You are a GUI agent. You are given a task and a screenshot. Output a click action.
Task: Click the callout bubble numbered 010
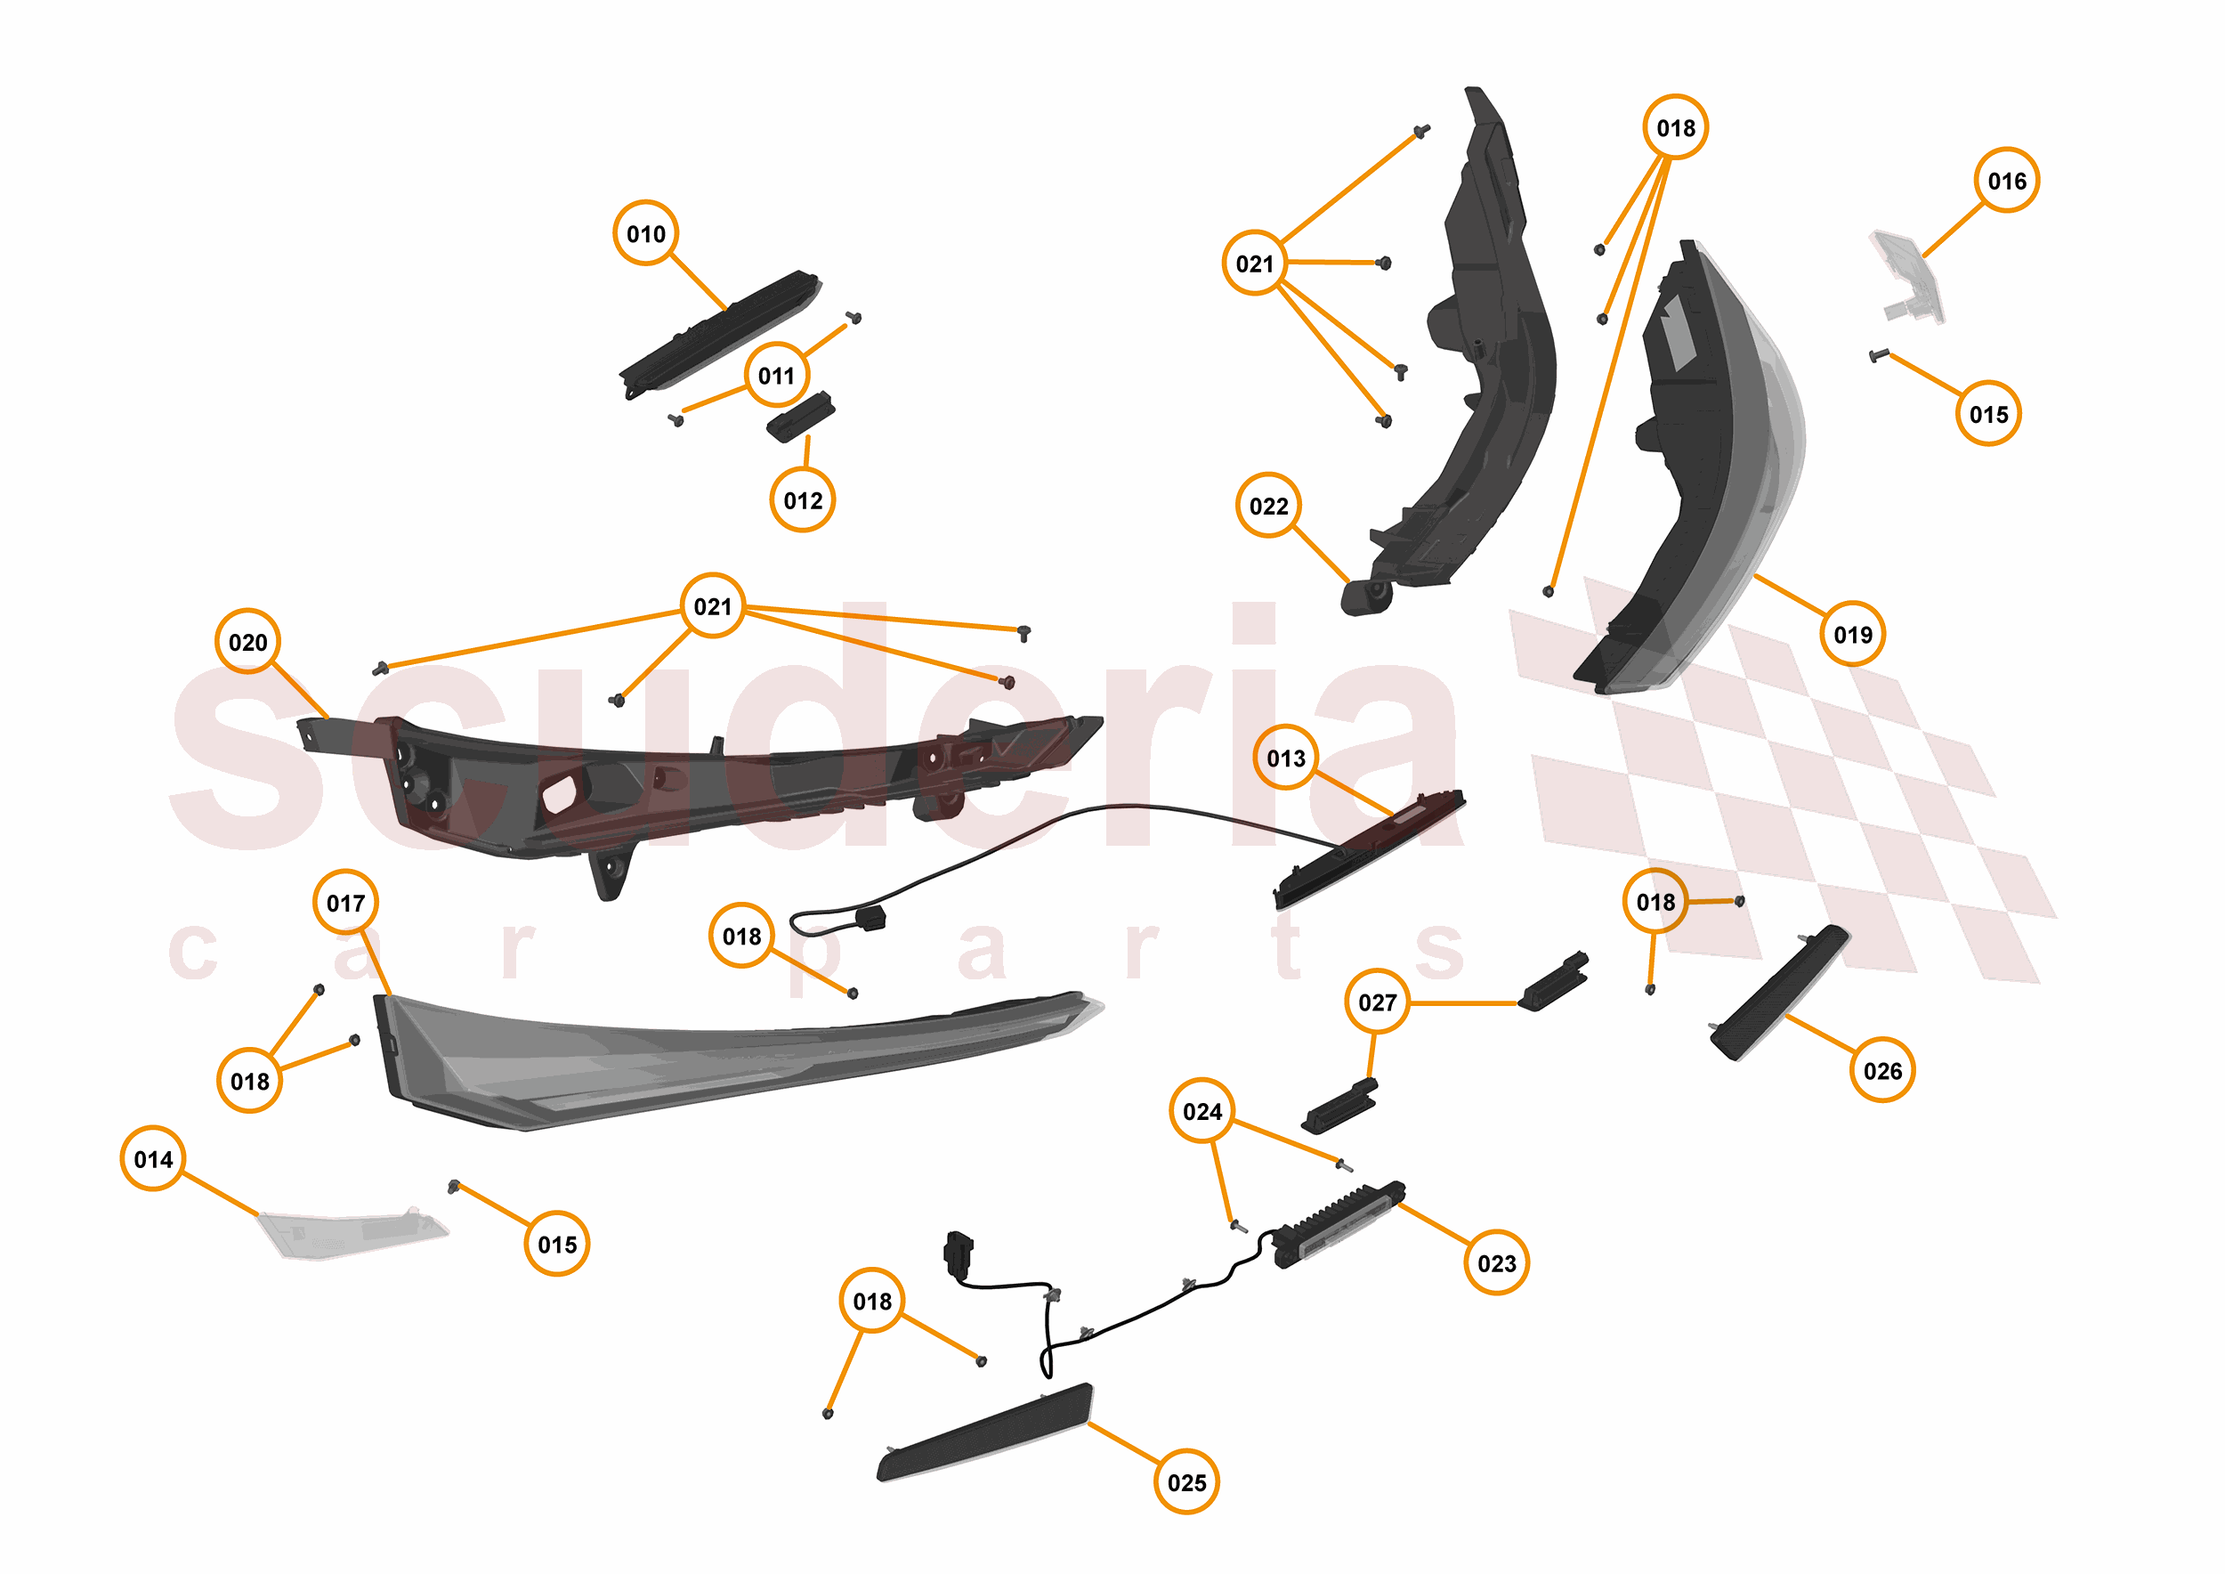pyautogui.click(x=645, y=233)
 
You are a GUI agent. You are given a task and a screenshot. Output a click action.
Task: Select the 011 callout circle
pyautogui.click(x=776, y=375)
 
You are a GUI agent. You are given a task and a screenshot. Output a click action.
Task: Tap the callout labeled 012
pyautogui.click(x=803, y=500)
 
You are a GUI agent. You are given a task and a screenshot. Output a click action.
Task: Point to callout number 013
pyautogui.click(x=1285, y=758)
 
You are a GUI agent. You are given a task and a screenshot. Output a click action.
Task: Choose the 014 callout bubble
pyautogui.click(x=153, y=1158)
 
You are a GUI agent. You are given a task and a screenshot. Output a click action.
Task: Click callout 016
pyautogui.click(x=2006, y=180)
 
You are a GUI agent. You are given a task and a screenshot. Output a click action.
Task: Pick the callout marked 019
pyautogui.click(x=1852, y=634)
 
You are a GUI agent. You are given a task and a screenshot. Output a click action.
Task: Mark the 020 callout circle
pyautogui.click(x=248, y=642)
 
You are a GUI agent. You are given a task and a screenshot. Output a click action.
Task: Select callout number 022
pyautogui.click(x=1268, y=506)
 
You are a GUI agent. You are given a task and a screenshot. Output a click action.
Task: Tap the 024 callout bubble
pyautogui.click(x=1201, y=1111)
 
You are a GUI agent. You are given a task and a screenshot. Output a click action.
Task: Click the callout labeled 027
pyautogui.click(x=1377, y=1002)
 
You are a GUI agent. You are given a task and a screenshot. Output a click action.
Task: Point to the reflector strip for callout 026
pyautogui.click(x=1779, y=993)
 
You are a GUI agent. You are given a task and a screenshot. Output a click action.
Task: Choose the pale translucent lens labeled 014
pyautogui.click(x=352, y=1233)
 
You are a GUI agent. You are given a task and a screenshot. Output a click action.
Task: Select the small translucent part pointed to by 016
pyautogui.click(x=1907, y=276)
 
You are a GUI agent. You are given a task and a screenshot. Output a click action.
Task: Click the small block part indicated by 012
pyautogui.click(x=800, y=417)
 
